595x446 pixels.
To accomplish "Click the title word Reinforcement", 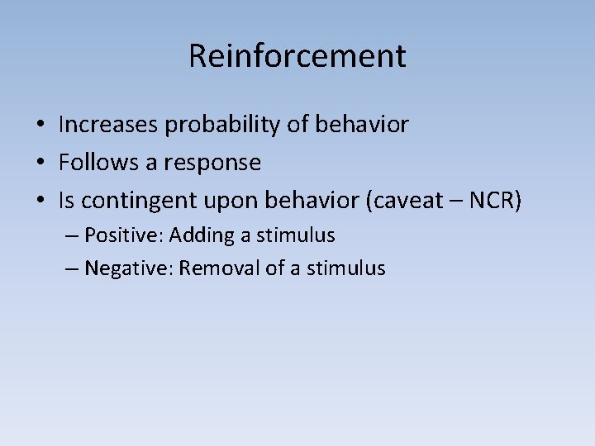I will pyautogui.click(x=297, y=56).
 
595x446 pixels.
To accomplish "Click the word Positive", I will pyautogui.click(x=124, y=235).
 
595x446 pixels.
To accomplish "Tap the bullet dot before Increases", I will pyautogui.click(x=40, y=126).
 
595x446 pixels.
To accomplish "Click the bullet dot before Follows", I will pyautogui.click(x=40, y=164).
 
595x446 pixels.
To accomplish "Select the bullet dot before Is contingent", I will pyautogui.click(x=40, y=202).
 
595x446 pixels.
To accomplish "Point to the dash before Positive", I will pyautogui.click(x=71, y=236).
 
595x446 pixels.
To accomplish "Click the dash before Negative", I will pyautogui.click(x=71, y=269).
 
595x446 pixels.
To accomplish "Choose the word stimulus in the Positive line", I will pyautogui.click(x=295, y=235).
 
